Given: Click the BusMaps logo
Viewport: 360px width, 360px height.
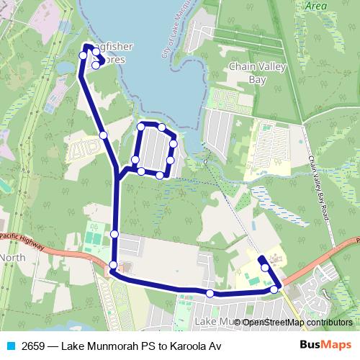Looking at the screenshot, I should (325, 346).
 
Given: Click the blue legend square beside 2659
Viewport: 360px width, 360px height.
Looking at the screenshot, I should (10, 346).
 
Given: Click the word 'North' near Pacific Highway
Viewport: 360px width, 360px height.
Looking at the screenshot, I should (13, 258).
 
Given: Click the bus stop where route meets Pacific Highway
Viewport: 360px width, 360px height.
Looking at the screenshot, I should (113, 267).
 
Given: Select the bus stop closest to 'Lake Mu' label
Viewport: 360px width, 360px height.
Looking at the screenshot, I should (210, 293).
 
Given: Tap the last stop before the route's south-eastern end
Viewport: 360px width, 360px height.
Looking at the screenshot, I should (266, 267).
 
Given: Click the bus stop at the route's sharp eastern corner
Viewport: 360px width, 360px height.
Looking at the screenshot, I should (274, 289).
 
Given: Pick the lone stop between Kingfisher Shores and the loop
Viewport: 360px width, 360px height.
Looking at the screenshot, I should (104, 135).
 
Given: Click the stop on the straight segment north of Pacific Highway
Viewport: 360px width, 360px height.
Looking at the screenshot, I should (114, 233).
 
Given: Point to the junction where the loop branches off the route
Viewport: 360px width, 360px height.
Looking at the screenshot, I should (117, 175).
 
